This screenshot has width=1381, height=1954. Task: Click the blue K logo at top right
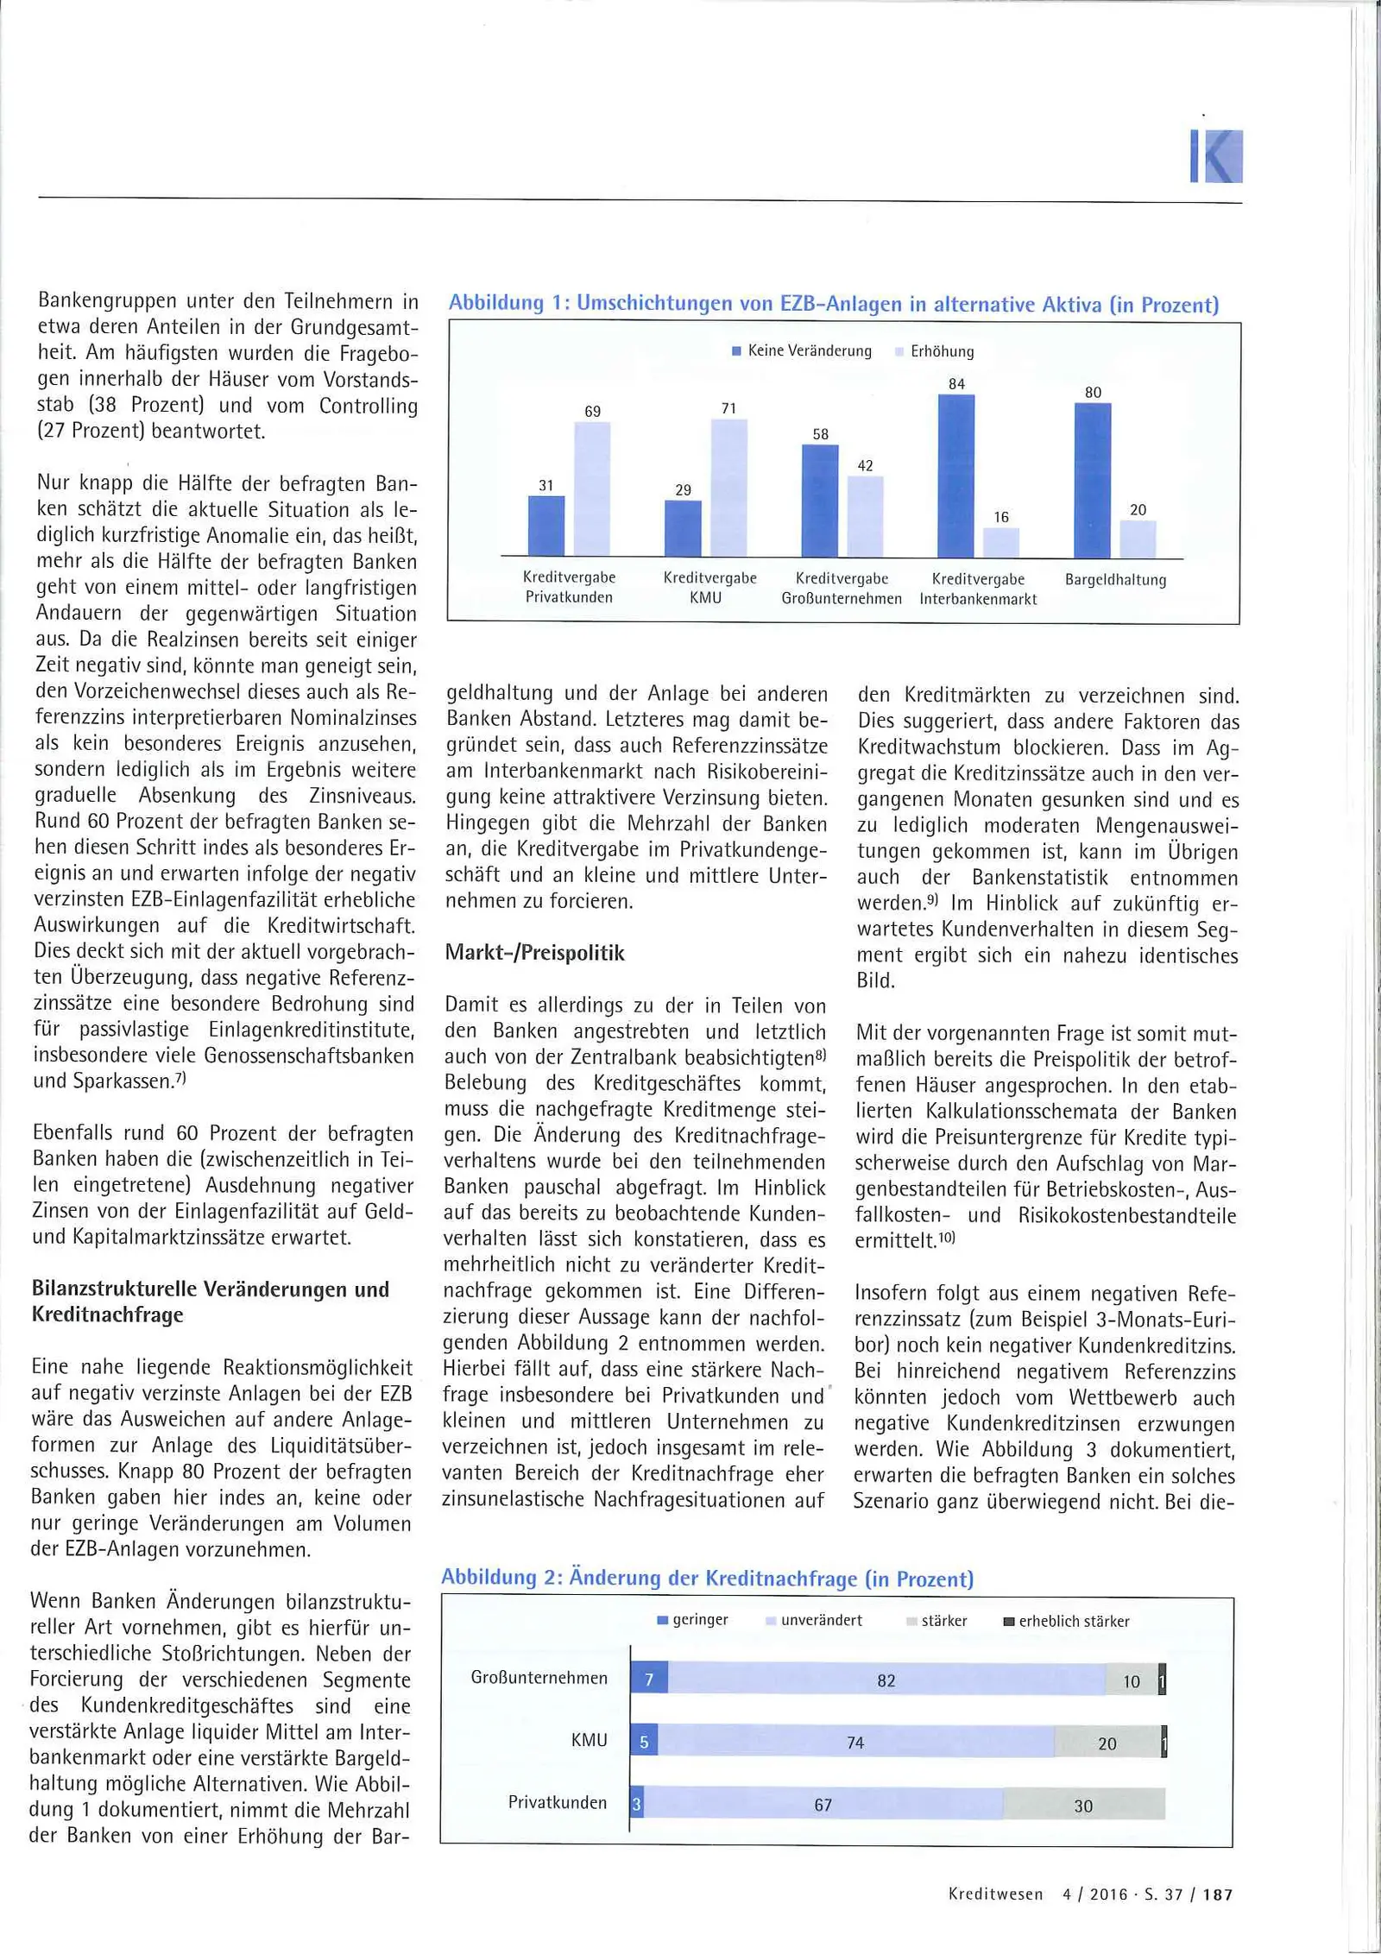(x=1216, y=156)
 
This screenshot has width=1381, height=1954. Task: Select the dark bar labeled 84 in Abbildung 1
(x=956, y=476)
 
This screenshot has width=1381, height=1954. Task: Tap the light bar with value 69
(x=592, y=488)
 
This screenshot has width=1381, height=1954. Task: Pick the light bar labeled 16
(x=1001, y=542)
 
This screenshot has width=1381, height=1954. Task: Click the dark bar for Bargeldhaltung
(x=1093, y=480)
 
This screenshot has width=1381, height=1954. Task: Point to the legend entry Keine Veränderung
(x=801, y=351)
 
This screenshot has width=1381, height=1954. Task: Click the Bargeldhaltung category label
(x=1115, y=580)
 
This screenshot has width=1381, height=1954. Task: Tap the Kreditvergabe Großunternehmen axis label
(x=842, y=589)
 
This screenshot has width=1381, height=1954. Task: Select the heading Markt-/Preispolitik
(x=534, y=953)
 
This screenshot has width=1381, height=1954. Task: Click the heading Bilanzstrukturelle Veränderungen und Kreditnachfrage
(x=211, y=1302)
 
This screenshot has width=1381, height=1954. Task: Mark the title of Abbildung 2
(x=707, y=1579)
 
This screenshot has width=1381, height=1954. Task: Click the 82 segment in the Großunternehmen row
(x=886, y=1680)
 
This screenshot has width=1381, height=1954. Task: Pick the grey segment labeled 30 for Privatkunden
(x=1084, y=1806)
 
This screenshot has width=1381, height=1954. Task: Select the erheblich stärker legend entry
(x=1066, y=1621)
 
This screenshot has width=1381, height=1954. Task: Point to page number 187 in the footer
(x=1217, y=1894)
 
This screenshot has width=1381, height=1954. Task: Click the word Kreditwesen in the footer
(x=995, y=1894)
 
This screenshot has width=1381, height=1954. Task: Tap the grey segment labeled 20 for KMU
(x=1107, y=1743)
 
